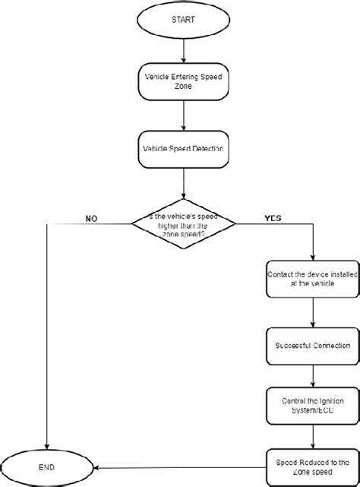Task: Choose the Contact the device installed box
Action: click(308, 278)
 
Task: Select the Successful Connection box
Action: click(308, 345)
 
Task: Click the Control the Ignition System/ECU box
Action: click(308, 406)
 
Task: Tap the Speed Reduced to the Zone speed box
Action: click(308, 464)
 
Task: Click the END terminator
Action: click(47, 465)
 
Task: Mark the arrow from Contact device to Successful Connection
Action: click(312, 311)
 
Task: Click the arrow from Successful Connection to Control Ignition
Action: click(312, 375)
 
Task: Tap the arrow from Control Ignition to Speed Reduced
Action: click(312, 435)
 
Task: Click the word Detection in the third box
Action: click(204, 148)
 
